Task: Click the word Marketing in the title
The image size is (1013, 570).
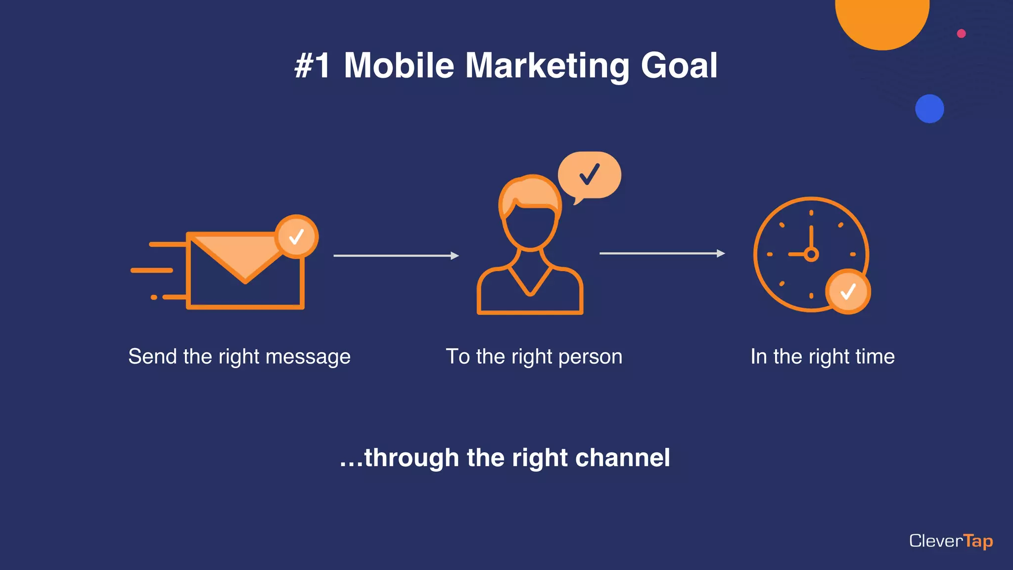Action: pyautogui.click(x=547, y=66)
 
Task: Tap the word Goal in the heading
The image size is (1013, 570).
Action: pyautogui.click(x=679, y=66)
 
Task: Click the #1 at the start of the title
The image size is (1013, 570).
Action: pyautogui.click(x=312, y=66)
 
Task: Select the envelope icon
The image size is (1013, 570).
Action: pyautogui.click(x=245, y=277)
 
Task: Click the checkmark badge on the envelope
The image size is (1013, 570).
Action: pyautogui.click(x=296, y=237)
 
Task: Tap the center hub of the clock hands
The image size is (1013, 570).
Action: pyautogui.click(x=811, y=254)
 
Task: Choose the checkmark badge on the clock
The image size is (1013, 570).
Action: pyautogui.click(x=848, y=291)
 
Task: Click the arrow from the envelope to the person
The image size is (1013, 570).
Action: pyautogui.click(x=396, y=256)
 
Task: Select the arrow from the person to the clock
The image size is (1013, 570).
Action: pyautogui.click(x=662, y=253)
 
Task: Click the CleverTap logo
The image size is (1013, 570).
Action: pyautogui.click(x=951, y=541)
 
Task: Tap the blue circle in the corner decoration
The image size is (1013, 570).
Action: pyautogui.click(x=929, y=109)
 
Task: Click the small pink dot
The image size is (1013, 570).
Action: pyautogui.click(x=961, y=34)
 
